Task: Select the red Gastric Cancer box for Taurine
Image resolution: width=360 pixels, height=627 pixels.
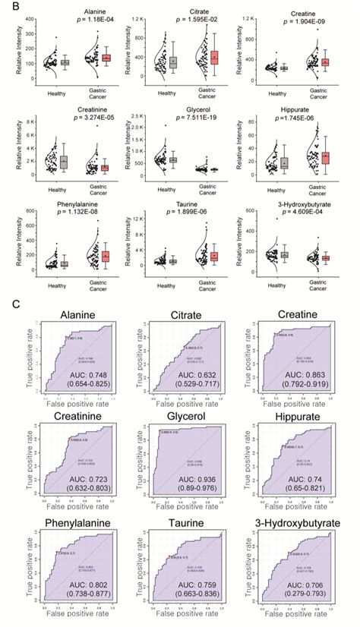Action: tap(214, 257)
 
